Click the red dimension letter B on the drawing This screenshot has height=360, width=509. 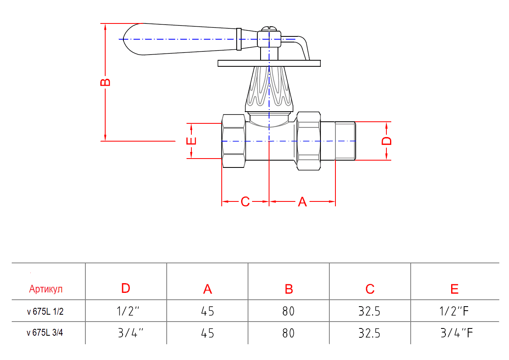[x=105, y=82]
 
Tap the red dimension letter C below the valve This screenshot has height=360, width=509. [x=245, y=201]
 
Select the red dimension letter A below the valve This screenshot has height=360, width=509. [x=302, y=202]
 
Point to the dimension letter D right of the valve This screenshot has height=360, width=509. [x=387, y=141]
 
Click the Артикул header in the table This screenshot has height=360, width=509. [x=46, y=289]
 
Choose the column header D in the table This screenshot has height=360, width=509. [x=126, y=288]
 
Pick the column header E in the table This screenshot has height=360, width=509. [x=454, y=289]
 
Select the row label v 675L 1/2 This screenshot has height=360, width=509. [x=45, y=311]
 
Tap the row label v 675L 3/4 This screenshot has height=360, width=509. [x=45, y=333]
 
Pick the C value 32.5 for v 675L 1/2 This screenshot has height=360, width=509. [x=369, y=311]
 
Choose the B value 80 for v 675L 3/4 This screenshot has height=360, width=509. [x=288, y=333]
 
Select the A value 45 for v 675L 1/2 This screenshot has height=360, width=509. [x=208, y=311]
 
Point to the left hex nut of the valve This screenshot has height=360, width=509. [x=234, y=141]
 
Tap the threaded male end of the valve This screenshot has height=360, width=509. [x=345, y=141]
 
